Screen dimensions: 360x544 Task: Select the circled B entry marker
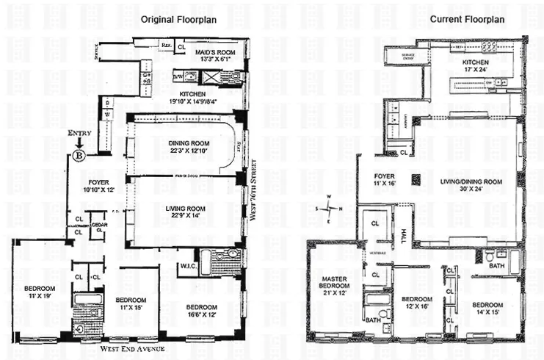click(79, 156)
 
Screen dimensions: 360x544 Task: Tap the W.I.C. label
click(187, 267)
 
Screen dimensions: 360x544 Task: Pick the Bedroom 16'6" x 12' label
click(201, 311)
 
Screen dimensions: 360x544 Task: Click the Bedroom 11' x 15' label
click(131, 304)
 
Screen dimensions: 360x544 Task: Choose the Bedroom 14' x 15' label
click(487, 309)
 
